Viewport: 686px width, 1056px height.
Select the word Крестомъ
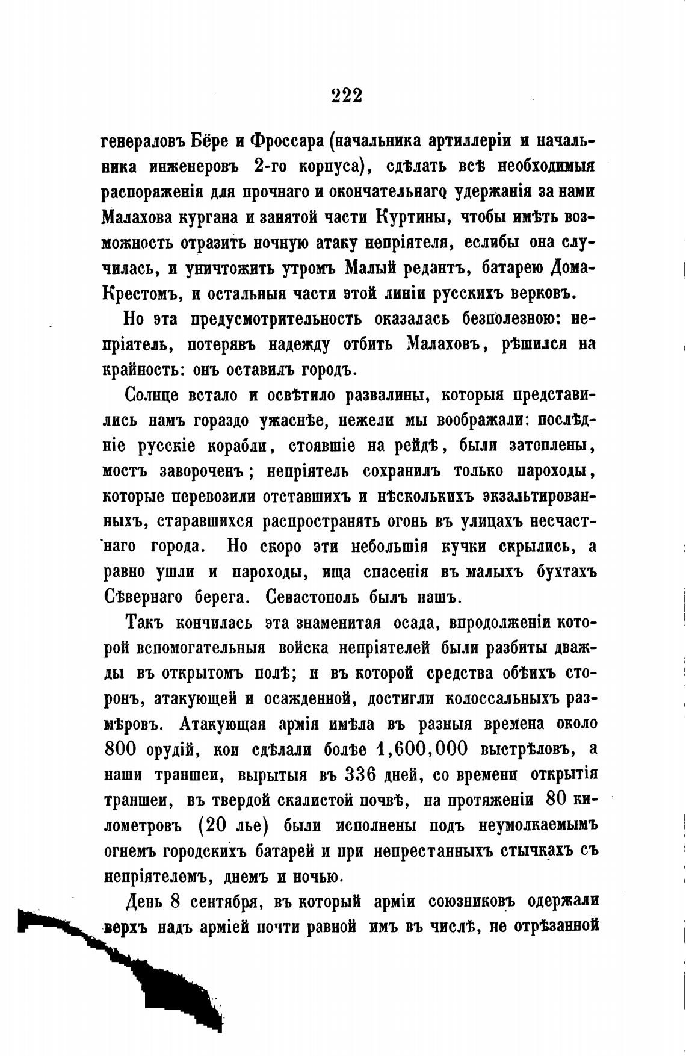(x=142, y=293)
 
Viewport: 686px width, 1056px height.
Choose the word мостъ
(x=123, y=471)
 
